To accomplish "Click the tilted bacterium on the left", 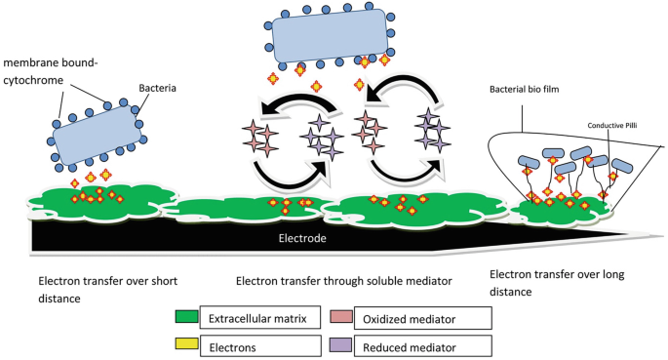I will click(x=98, y=132).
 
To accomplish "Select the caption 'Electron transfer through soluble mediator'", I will click(x=343, y=281).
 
